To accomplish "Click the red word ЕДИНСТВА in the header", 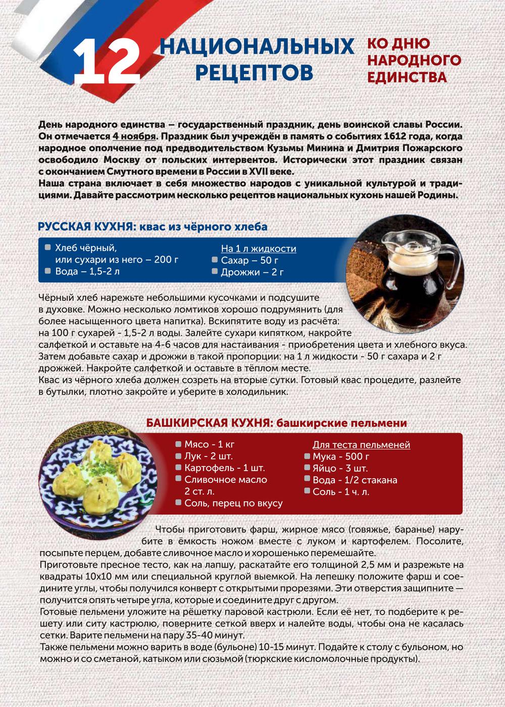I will (407, 77).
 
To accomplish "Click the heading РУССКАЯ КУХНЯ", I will (85, 227).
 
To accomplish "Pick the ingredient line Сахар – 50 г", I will (249, 261).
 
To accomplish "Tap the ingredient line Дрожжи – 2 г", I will (251, 272).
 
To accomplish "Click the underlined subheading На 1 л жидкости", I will (259, 248).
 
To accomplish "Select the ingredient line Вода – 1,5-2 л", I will (87, 271).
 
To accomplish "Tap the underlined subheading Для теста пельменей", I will (361, 445).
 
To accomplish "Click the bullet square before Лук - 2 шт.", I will (178, 456).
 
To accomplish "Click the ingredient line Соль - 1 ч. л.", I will (341, 491).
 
